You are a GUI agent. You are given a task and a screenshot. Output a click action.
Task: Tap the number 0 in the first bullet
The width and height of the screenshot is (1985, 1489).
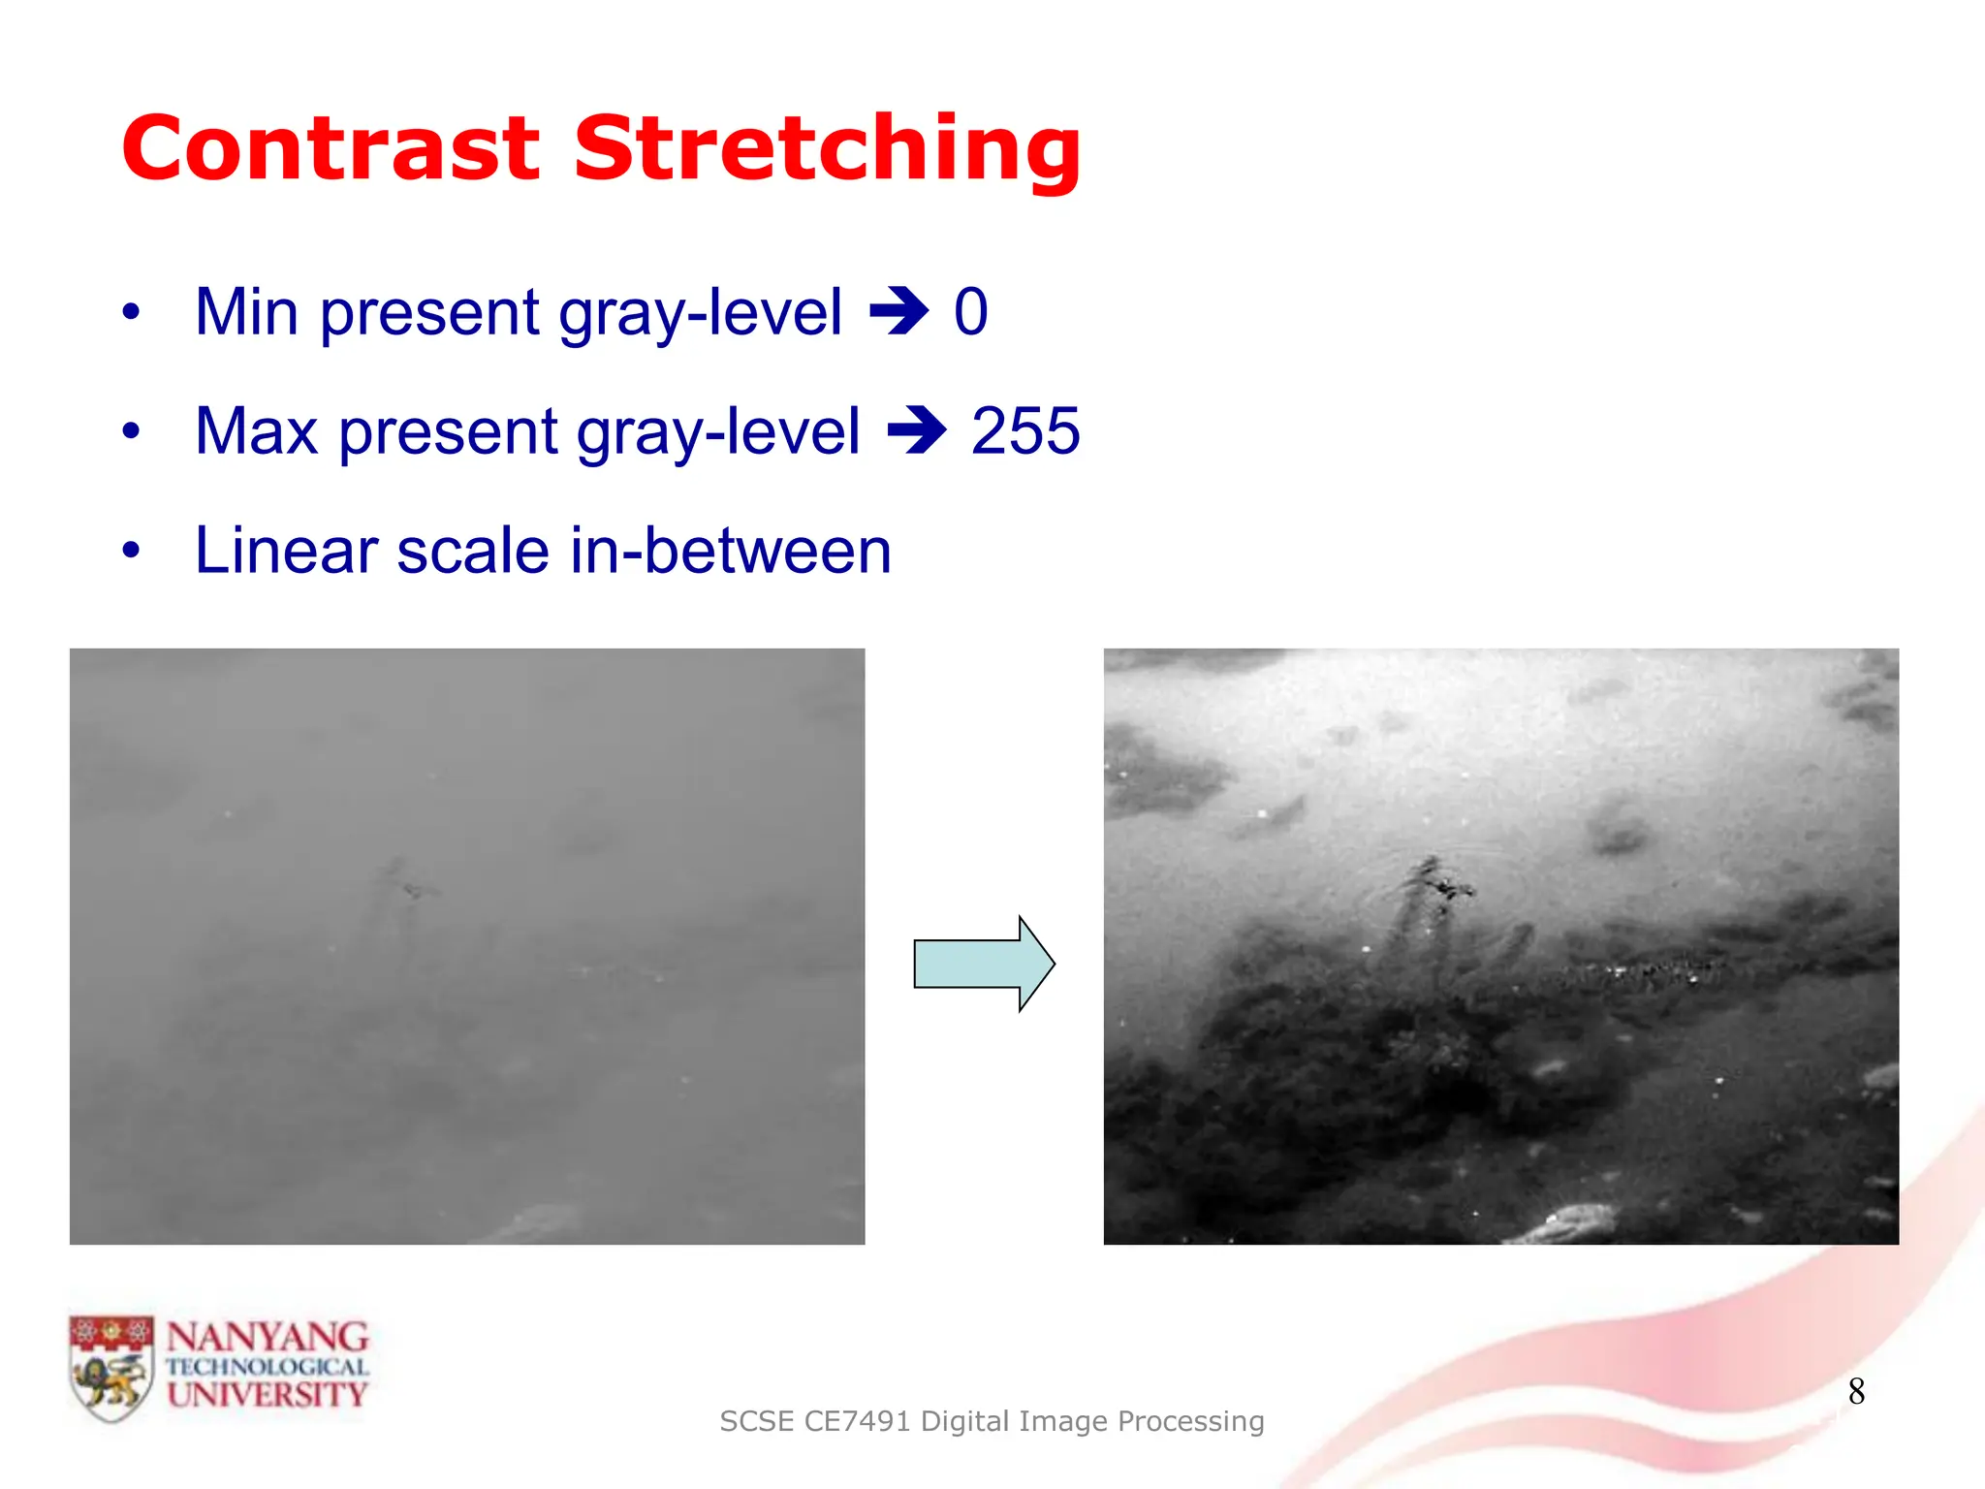970,312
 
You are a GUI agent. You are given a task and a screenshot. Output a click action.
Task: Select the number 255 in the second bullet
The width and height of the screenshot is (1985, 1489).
1024,431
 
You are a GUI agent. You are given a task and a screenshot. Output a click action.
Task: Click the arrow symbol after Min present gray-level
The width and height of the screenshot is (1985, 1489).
898,312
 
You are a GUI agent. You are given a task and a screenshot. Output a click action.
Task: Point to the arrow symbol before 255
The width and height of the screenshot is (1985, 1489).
916,431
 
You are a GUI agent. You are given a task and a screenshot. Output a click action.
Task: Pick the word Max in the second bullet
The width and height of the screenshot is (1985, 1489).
256,431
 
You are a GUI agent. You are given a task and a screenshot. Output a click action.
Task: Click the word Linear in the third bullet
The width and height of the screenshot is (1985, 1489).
286,551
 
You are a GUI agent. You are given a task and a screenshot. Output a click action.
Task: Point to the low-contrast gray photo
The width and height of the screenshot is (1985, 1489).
467,946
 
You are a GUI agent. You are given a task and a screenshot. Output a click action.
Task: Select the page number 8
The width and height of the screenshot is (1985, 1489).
1856,1392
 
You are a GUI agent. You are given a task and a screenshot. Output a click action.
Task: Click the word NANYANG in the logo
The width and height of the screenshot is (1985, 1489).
268,1338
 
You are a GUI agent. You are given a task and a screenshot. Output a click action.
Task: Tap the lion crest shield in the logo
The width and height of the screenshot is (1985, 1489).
111,1368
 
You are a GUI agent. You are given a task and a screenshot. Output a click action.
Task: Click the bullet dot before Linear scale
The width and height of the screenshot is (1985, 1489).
131,551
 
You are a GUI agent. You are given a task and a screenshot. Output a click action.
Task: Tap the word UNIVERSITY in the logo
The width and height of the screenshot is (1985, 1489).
268,1395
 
